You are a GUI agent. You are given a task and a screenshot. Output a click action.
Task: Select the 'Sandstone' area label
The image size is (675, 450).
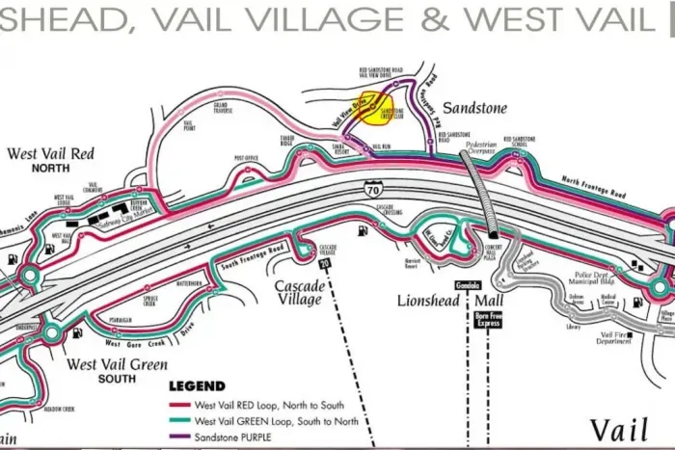[x=475, y=109]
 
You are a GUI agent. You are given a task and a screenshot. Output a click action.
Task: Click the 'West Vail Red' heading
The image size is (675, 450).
[x=50, y=154]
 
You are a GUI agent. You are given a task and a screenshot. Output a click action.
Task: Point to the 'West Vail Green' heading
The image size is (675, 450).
[x=118, y=365]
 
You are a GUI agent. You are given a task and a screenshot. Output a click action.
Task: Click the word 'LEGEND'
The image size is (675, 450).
[x=197, y=385]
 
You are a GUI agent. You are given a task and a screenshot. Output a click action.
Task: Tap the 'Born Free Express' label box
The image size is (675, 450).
[x=488, y=318]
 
